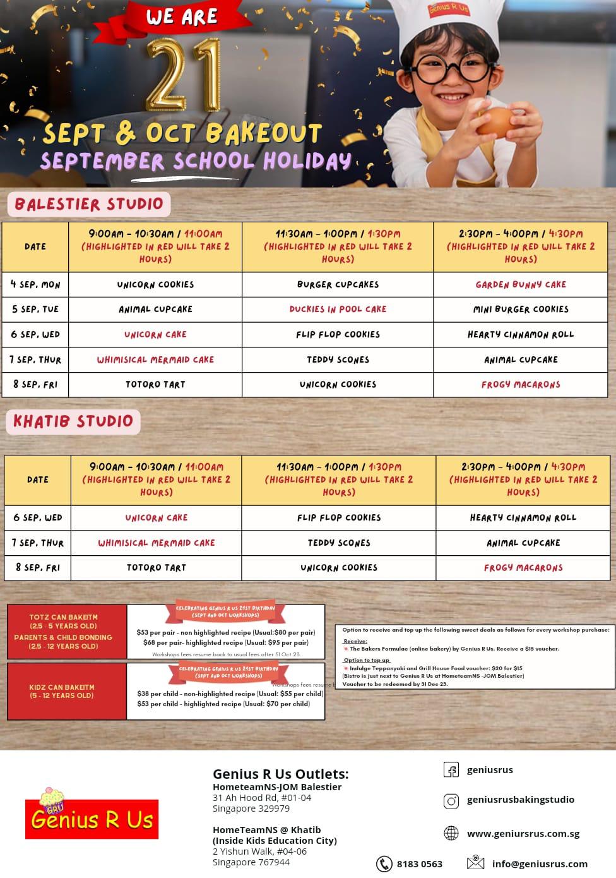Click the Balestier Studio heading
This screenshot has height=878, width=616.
[x=89, y=204]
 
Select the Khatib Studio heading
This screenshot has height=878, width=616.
[x=73, y=421]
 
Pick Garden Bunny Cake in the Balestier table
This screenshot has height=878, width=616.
[x=521, y=284]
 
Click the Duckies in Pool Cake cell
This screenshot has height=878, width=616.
[x=338, y=309]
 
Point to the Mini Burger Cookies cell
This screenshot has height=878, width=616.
[x=521, y=309]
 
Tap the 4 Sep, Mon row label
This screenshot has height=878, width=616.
[x=35, y=284]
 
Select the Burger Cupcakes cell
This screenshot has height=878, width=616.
[x=338, y=284]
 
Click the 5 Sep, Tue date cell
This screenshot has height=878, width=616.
[x=35, y=309]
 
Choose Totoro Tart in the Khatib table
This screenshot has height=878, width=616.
[x=156, y=567]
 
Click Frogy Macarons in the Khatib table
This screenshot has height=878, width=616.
[x=523, y=567]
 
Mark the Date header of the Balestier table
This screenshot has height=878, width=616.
[x=35, y=246]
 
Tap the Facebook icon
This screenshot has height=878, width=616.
[x=451, y=770]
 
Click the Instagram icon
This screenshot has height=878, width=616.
[x=451, y=801]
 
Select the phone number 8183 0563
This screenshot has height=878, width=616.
[x=419, y=863]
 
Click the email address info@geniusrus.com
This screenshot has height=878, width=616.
[x=540, y=863]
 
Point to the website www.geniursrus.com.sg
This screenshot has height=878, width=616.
[x=523, y=833]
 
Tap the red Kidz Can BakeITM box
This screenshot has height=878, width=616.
[x=67, y=691]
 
